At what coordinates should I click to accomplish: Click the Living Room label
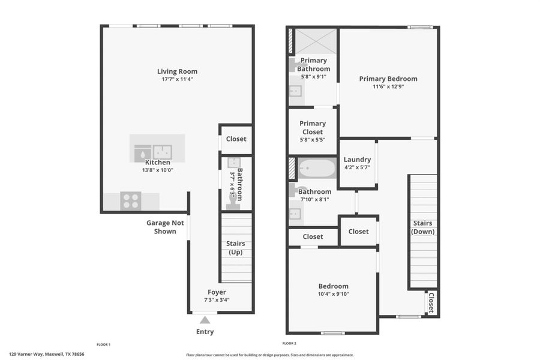pyautogui.click(x=177, y=71)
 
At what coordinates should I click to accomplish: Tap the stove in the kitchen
pyautogui.click(x=131, y=200)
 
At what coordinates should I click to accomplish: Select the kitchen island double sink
pyautogui.click(x=162, y=152)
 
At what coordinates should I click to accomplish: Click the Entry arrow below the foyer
pyautogui.click(x=205, y=320)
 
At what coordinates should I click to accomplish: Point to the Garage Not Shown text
pyautogui.click(x=165, y=227)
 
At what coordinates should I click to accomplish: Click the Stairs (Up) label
pyautogui.click(x=235, y=248)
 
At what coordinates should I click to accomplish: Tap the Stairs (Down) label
pyautogui.click(x=422, y=227)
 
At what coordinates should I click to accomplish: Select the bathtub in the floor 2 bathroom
pyautogui.click(x=317, y=168)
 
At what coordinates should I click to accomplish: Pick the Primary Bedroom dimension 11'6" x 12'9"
pyautogui.click(x=388, y=86)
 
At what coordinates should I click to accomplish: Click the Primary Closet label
pyautogui.click(x=313, y=127)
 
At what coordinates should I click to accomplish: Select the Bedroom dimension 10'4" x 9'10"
pyautogui.click(x=333, y=294)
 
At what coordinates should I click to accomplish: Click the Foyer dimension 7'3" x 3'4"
pyautogui.click(x=217, y=300)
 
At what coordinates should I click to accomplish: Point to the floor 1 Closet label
pyautogui.click(x=236, y=139)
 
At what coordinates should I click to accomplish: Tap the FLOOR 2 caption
pyautogui.click(x=289, y=344)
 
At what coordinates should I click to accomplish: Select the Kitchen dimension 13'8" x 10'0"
pyautogui.click(x=157, y=170)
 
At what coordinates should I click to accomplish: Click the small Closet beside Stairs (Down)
pyautogui.click(x=430, y=302)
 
